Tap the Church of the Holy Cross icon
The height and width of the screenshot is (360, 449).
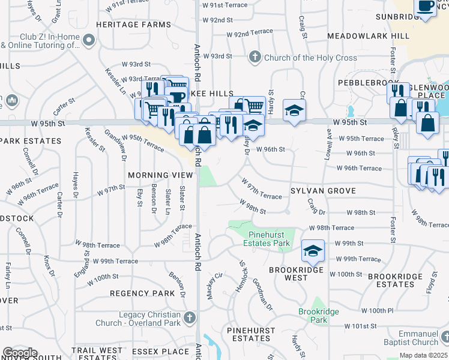pyautogui.click(x=255, y=57)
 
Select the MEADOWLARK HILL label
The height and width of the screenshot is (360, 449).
pyautogui.click(x=369, y=36)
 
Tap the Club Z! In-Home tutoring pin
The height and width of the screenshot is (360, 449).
pyautogui.click(x=89, y=41)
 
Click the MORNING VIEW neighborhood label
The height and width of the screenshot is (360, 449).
pyautogui.click(x=160, y=175)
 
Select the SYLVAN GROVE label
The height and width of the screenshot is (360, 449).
pyautogui.click(x=323, y=191)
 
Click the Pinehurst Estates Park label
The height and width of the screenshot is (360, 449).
pyautogui.click(x=266, y=239)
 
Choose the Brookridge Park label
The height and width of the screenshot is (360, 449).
pyautogui.click(x=319, y=316)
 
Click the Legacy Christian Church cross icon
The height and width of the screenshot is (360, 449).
pyautogui.click(x=190, y=317)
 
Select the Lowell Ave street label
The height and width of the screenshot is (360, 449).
pyautogui.click(x=328, y=146)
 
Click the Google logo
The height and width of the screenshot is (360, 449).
pyautogui.click(x=20, y=353)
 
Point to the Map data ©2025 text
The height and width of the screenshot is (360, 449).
pyautogui.click(x=423, y=355)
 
